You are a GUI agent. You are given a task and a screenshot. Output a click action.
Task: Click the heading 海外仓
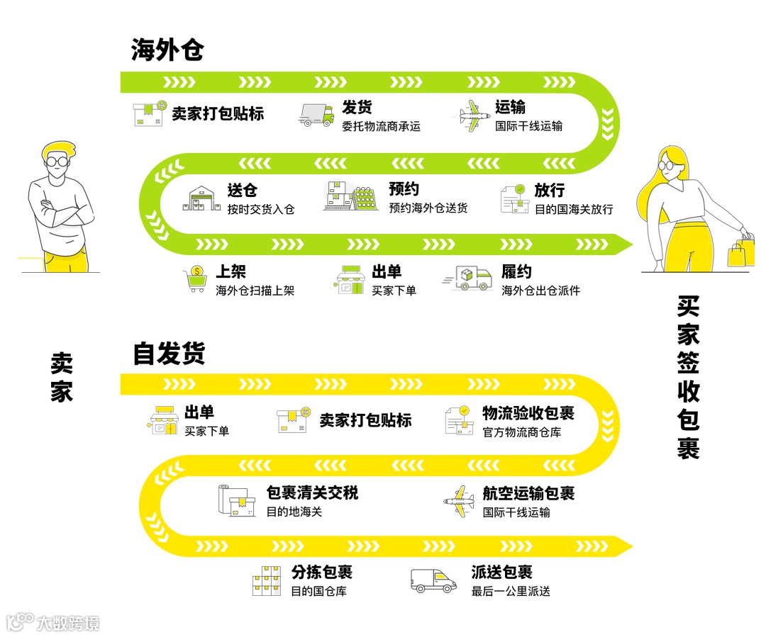click(x=168, y=50)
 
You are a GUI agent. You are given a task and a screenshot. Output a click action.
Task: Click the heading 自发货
click(x=169, y=353)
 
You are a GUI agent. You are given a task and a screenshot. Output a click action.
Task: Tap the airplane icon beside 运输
click(x=474, y=115)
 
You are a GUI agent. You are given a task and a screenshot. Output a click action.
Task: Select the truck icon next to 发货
click(x=316, y=115)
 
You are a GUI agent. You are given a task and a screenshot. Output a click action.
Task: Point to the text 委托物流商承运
click(x=381, y=127)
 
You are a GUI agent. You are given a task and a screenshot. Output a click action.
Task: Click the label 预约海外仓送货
click(x=428, y=208)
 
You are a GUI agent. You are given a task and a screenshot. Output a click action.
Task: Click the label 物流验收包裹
click(x=528, y=412)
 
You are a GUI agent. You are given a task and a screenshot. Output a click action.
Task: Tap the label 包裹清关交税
click(x=312, y=492)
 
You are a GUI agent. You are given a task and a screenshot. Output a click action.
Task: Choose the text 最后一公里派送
click(x=511, y=591)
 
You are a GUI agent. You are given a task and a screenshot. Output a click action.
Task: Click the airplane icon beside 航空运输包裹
click(x=459, y=501)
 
